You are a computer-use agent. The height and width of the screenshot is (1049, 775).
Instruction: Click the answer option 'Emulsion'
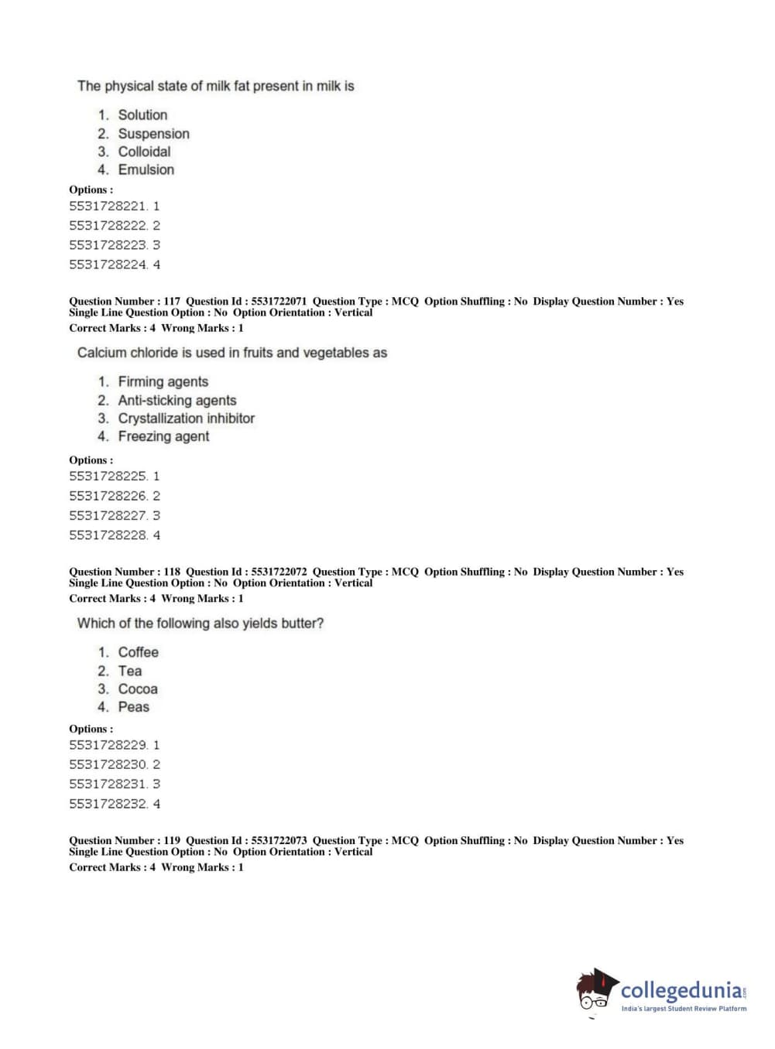coord(146,169)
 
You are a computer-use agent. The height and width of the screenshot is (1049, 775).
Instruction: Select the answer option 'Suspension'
coord(153,134)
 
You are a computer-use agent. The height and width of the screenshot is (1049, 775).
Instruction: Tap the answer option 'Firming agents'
coord(163,381)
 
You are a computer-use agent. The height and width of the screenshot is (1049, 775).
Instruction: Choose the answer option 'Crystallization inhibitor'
coord(186,419)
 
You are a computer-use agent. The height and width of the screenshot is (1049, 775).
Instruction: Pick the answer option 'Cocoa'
coord(138,689)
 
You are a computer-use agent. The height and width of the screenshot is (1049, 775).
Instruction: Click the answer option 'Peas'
coord(133,707)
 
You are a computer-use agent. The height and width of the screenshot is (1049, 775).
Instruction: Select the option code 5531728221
coord(108,207)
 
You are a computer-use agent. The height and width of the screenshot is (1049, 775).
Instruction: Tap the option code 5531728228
coord(108,535)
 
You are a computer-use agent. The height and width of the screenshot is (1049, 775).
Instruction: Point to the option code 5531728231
coord(108,784)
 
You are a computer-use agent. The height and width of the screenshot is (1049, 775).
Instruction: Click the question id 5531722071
coord(279,302)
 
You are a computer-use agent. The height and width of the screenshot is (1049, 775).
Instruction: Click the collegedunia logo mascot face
coord(595,990)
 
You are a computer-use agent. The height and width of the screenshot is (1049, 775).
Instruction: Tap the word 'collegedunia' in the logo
coord(681,990)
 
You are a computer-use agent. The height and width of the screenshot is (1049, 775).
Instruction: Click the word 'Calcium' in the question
coord(101,353)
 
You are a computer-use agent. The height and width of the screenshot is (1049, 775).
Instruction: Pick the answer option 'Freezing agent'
coord(163,436)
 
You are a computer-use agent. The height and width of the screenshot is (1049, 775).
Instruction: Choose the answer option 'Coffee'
coord(138,652)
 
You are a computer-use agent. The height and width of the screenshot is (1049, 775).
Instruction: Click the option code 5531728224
coord(108,265)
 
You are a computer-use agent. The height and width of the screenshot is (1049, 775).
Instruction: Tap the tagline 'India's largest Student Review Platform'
coord(684,1009)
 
